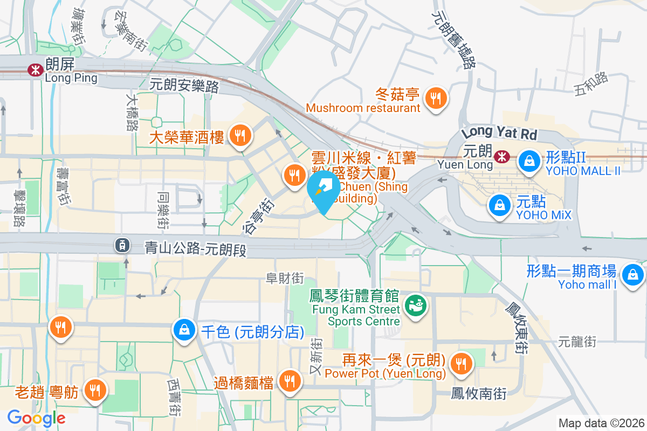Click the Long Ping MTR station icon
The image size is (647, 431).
click(36, 69)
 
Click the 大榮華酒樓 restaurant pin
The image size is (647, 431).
click(238, 135)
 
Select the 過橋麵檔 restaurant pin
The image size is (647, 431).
click(290, 381)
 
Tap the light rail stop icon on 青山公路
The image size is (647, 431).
click(122, 246)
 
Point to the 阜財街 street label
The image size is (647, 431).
click(285, 278)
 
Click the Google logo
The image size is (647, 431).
click(37, 418)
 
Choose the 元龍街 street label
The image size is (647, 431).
click(577, 341)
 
